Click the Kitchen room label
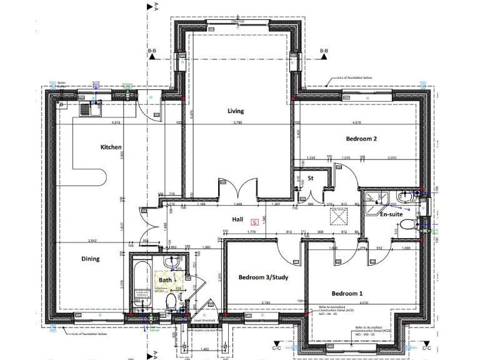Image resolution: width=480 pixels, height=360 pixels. (111, 147)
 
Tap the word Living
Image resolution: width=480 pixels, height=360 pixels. (235, 111)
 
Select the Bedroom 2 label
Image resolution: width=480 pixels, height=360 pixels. (361, 139)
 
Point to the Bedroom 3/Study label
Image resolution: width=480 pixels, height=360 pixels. (263, 277)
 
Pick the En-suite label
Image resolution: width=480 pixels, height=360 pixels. (391, 214)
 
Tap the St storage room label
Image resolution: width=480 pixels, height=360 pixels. (310, 178)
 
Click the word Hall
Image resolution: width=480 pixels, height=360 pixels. (237, 220)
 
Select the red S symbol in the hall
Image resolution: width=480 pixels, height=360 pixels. (254, 221)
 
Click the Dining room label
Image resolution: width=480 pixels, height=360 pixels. (90, 259)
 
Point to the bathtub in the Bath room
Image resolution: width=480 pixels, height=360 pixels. (141, 284)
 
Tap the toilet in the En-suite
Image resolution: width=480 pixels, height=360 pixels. (407, 224)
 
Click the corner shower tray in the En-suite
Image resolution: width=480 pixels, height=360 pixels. (374, 198)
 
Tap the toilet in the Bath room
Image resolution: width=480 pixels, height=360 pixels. (170, 302)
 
